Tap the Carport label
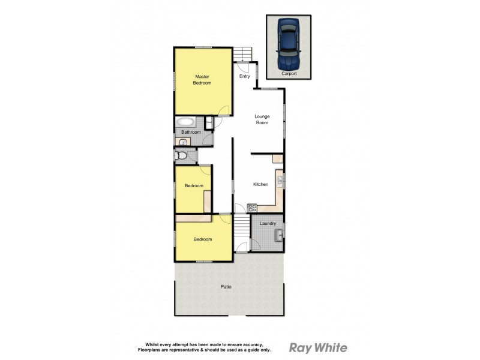[289, 73]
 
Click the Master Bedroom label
[202, 79]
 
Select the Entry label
[244, 76]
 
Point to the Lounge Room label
[262, 119]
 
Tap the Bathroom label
[191, 132]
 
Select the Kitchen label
[260, 184]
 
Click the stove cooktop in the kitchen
[252, 209]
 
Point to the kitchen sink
[279, 179]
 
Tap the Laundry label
[267, 224]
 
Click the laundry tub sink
[278, 235]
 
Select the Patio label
[226, 287]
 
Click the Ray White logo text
[318, 347]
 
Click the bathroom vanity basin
[183, 142]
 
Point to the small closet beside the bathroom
[208, 124]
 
